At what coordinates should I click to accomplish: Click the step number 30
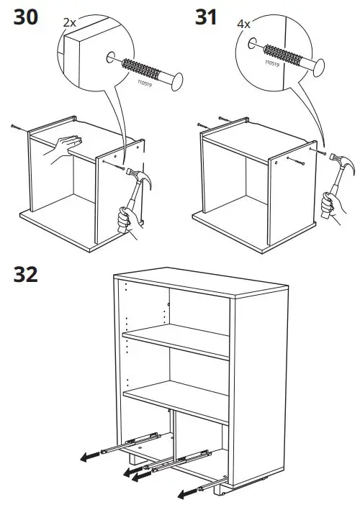[x=27, y=17]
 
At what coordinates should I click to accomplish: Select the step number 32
[x=27, y=275]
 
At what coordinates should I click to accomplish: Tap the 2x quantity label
[x=69, y=23]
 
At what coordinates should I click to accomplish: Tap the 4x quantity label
[x=246, y=23]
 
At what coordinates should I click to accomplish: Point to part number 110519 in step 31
[x=272, y=64]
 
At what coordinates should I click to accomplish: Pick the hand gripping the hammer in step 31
[x=328, y=206]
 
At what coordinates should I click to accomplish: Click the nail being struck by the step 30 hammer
[x=114, y=165]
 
